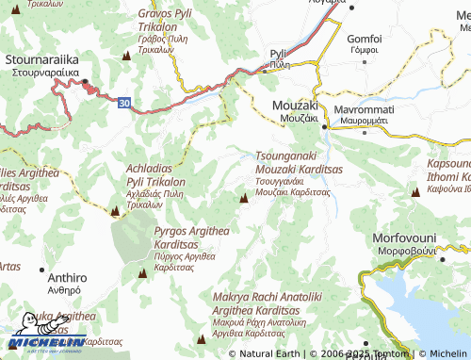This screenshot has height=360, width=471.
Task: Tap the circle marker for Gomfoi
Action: pos(364,26)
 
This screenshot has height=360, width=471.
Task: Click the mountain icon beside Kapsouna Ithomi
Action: pos(415,191)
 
